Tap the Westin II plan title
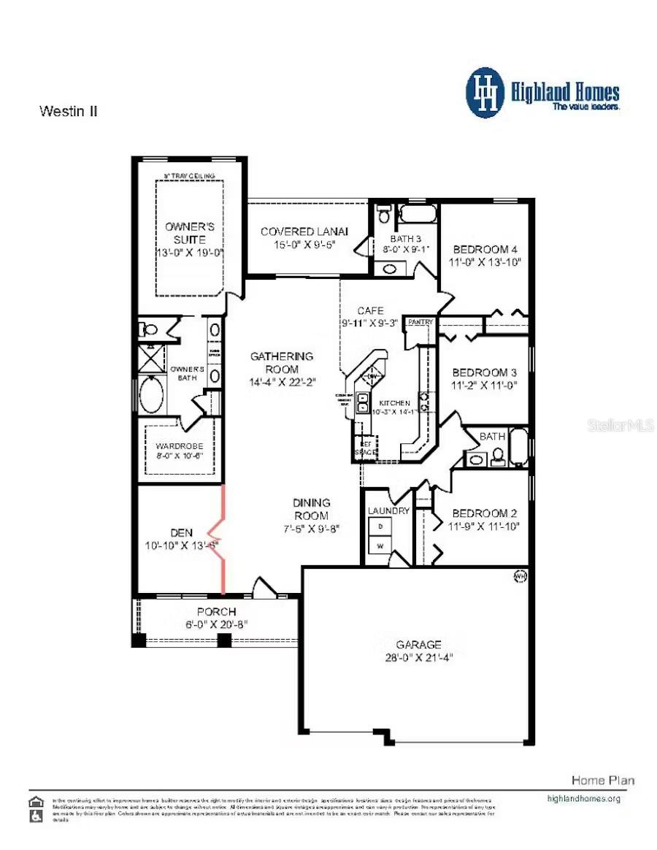point(68,112)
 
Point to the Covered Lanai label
point(304,231)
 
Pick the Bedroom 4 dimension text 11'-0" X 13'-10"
point(486,262)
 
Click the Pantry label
point(420,322)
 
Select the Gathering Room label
point(282,363)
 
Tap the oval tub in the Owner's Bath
point(152,395)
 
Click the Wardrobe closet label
point(179,445)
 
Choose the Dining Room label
point(312,508)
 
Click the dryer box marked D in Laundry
point(380,526)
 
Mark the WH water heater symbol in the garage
point(520,575)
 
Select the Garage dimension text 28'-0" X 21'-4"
point(418,657)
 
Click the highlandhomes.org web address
point(583,799)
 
